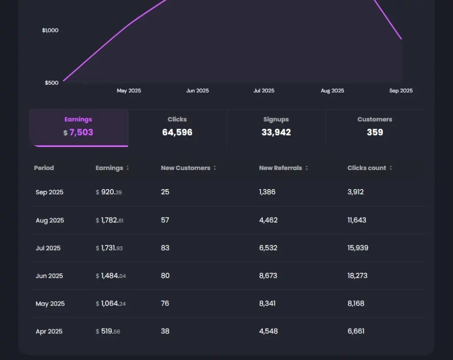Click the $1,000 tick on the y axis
point(50,31)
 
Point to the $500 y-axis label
point(51,83)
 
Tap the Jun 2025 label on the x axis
point(197,91)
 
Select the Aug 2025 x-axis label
point(332,91)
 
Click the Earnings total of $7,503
point(79,132)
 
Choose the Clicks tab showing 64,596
point(177,128)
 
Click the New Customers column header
point(185,168)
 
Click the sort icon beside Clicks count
point(391,168)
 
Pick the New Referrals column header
point(280,168)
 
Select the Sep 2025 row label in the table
point(50,193)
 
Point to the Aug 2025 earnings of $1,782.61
point(110,221)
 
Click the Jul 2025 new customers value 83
point(165,248)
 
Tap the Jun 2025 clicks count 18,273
point(357,276)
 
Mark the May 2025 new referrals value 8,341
point(268,304)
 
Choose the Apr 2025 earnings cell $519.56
point(108,331)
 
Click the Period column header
point(44,168)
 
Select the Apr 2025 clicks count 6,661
point(356,331)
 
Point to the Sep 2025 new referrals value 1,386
point(267,192)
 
